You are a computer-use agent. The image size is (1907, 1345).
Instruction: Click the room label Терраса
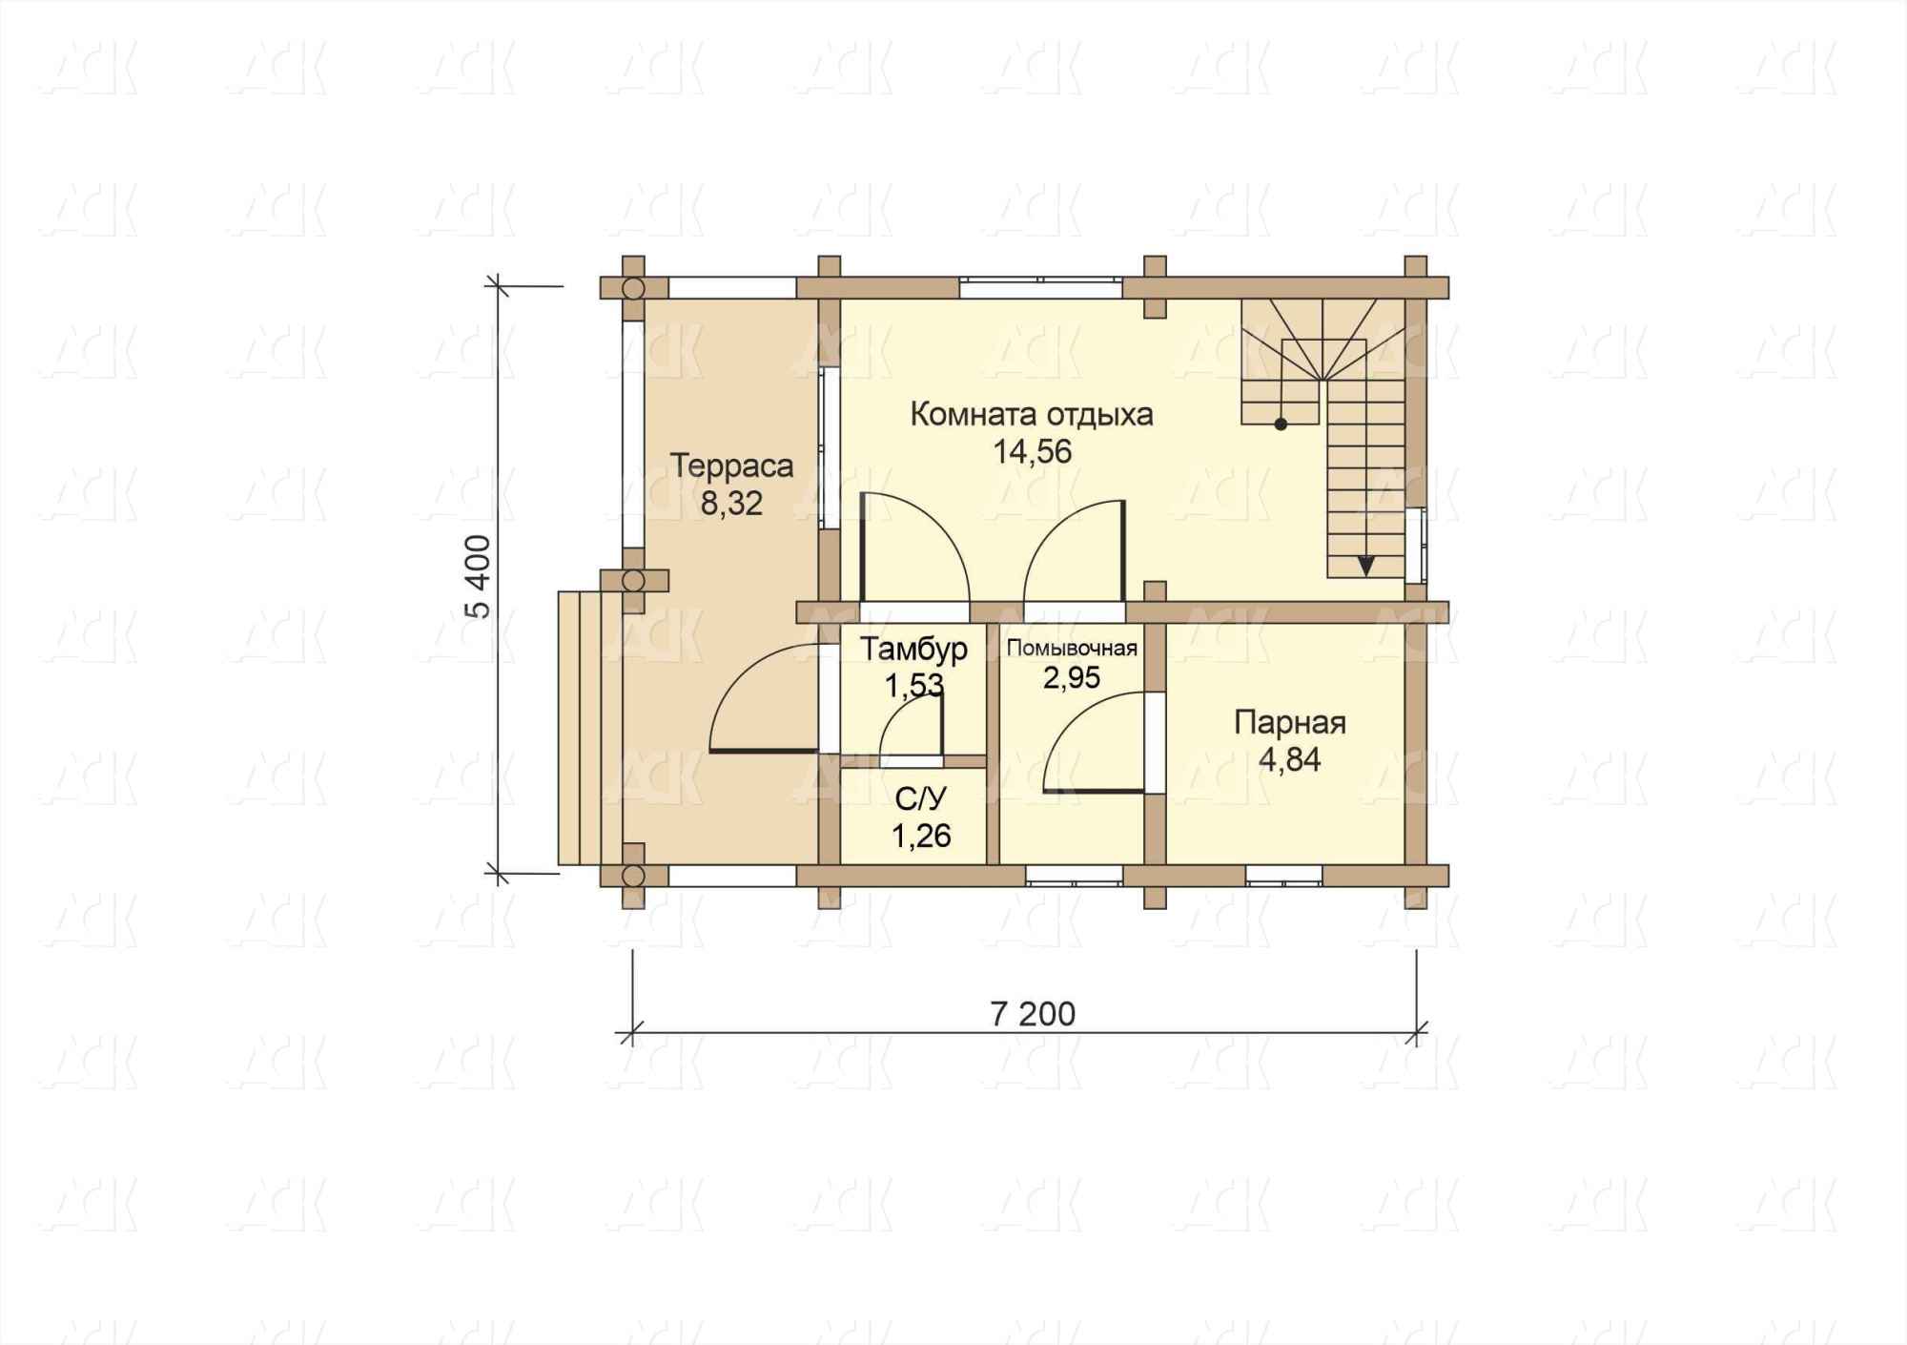click(731, 466)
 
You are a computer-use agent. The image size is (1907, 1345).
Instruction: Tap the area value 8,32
click(731, 504)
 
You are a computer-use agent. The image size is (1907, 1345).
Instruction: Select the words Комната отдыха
click(1032, 415)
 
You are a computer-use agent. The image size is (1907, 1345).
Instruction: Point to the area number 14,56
click(1033, 451)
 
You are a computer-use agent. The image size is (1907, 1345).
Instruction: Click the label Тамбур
click(914, 649)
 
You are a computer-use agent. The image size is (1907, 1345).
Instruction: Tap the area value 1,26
click(921, 836)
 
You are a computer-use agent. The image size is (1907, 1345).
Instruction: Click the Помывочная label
click(1072, 649)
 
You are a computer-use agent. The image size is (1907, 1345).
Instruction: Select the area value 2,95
click(1072, 677)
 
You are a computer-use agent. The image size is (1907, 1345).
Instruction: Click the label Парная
click(1289, 723)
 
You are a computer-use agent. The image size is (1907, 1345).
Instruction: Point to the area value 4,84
click(1289, 760)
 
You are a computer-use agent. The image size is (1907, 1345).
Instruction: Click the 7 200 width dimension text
click(1033, 1014)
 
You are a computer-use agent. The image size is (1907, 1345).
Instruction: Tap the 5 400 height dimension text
click(480, 577)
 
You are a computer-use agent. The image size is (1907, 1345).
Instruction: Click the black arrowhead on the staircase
click(1365, 566)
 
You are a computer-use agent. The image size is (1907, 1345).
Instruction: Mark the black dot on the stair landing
click(1281, 424)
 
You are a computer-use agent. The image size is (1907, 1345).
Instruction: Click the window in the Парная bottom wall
click(1283, 875)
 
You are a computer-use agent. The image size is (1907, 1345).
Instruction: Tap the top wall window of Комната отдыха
click(1040, 287)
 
